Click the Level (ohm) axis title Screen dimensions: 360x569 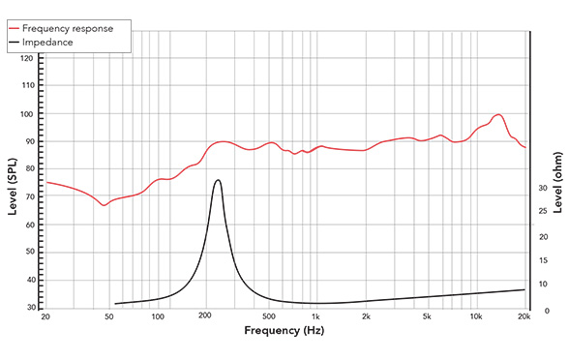coord(558,184)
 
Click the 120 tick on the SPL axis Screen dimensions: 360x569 coord(27,58)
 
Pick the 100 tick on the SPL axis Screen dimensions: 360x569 coord(27,114)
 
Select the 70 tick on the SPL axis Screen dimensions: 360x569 coord(29,197)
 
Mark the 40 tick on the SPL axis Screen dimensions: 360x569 coord(29,281)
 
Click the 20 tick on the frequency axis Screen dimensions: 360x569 coord(45,317)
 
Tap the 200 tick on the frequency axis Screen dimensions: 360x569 coord(205,317)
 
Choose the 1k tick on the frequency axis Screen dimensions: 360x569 coord(316,317)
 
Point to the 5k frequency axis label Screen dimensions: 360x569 coord(427,317)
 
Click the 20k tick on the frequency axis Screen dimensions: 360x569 coord(524,317)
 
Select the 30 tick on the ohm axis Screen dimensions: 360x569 coord(543,188)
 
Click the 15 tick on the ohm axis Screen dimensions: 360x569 coord(543,261)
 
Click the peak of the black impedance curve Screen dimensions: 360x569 coord(219,180)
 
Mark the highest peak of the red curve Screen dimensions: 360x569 coord(498,114)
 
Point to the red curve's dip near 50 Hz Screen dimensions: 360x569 coord(105,205)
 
